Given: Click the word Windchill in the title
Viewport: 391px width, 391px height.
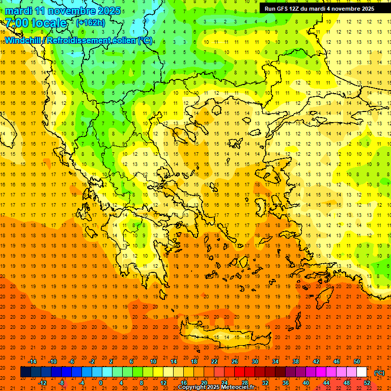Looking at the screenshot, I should pos(24,40).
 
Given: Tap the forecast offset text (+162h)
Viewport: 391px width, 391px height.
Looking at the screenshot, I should pos(90,22).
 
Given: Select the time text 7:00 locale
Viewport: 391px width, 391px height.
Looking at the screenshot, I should pos(36,23).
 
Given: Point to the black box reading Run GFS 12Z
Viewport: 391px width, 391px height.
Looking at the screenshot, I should pos(319,9).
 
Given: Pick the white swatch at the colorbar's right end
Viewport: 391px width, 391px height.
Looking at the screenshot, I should pos(362,372).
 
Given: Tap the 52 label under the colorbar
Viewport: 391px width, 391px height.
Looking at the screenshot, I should pos(367,382).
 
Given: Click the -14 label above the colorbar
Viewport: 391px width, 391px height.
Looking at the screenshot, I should pos(32,361).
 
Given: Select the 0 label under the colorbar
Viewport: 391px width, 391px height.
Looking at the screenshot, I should pos(100,382).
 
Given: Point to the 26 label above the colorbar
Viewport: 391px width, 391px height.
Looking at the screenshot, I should pos(234,361).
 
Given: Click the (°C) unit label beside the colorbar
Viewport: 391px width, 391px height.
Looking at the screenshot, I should pos(379,372).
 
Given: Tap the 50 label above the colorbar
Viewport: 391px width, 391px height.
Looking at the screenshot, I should pos(356,361).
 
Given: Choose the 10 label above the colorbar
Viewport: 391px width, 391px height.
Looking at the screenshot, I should pos(153,361).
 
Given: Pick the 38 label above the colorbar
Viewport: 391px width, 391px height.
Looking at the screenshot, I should pos(295,361).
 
